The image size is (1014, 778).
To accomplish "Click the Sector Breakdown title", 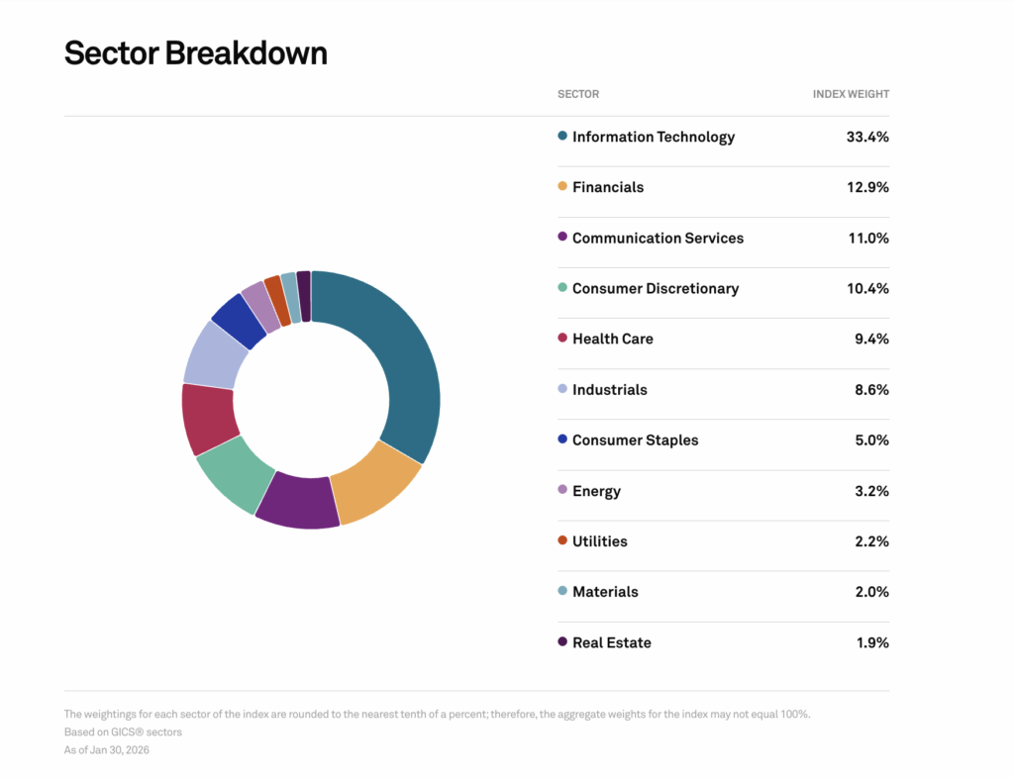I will click(195, 52).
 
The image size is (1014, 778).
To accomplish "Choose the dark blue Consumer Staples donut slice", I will click(239, 319).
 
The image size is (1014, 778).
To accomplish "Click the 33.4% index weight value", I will click(867, 137).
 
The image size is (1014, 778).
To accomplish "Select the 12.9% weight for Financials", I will click(867, 187).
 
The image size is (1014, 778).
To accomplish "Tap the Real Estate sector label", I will click(611, 642).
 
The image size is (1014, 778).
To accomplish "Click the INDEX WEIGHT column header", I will click(851, 94).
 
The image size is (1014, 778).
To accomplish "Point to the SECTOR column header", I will click(578, 94).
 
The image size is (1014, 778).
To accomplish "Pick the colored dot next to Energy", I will click(562, 490).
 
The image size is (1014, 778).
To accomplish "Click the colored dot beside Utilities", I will click(562, 540).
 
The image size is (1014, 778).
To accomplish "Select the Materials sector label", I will click(605, 591).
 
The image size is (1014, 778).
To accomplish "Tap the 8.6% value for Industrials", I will click(871, 390).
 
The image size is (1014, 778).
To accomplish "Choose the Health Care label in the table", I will click(612, 339).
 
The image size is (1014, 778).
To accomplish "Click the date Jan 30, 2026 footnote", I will click(107, 750).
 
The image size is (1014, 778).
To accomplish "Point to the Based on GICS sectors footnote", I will click(124, 732).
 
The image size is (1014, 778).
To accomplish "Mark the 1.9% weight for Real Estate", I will click(872, 642).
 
